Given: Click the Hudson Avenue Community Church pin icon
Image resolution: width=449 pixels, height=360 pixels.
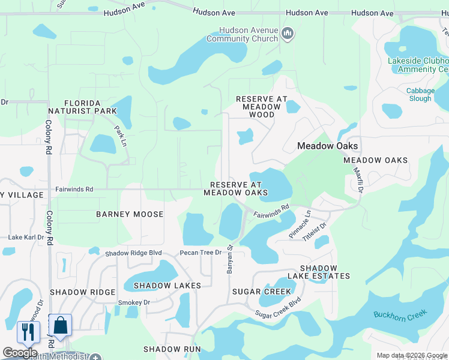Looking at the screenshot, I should tap(288, 34).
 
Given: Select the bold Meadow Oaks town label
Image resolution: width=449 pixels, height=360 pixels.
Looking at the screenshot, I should tap(328, 146).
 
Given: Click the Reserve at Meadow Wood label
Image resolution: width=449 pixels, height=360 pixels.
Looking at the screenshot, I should tap(262, 106).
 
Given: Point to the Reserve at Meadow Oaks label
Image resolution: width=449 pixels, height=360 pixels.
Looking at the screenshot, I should tap(235, 188).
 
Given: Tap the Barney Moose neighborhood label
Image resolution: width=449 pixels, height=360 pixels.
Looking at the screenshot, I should tap(130, 214).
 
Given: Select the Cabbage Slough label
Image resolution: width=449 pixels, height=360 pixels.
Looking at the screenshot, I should tap(420, 95).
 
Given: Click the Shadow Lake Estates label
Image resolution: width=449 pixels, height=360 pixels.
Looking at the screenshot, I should tap(318, 272).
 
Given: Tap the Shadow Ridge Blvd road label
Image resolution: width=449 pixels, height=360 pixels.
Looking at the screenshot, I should tap(134, 253).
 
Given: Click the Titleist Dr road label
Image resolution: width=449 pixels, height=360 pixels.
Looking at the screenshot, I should tap(315, 231).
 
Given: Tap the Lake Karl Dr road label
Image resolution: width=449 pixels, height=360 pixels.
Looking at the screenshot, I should tap(26, 238).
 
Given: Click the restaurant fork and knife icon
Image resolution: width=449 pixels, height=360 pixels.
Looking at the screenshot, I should tap(28, 331).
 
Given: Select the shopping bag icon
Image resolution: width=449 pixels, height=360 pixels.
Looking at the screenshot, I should tap(60, 325).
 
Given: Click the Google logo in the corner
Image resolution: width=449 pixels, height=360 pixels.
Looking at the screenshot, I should tap(20, 353).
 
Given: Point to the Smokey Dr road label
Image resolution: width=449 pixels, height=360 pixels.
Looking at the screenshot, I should tap(133, 303).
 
